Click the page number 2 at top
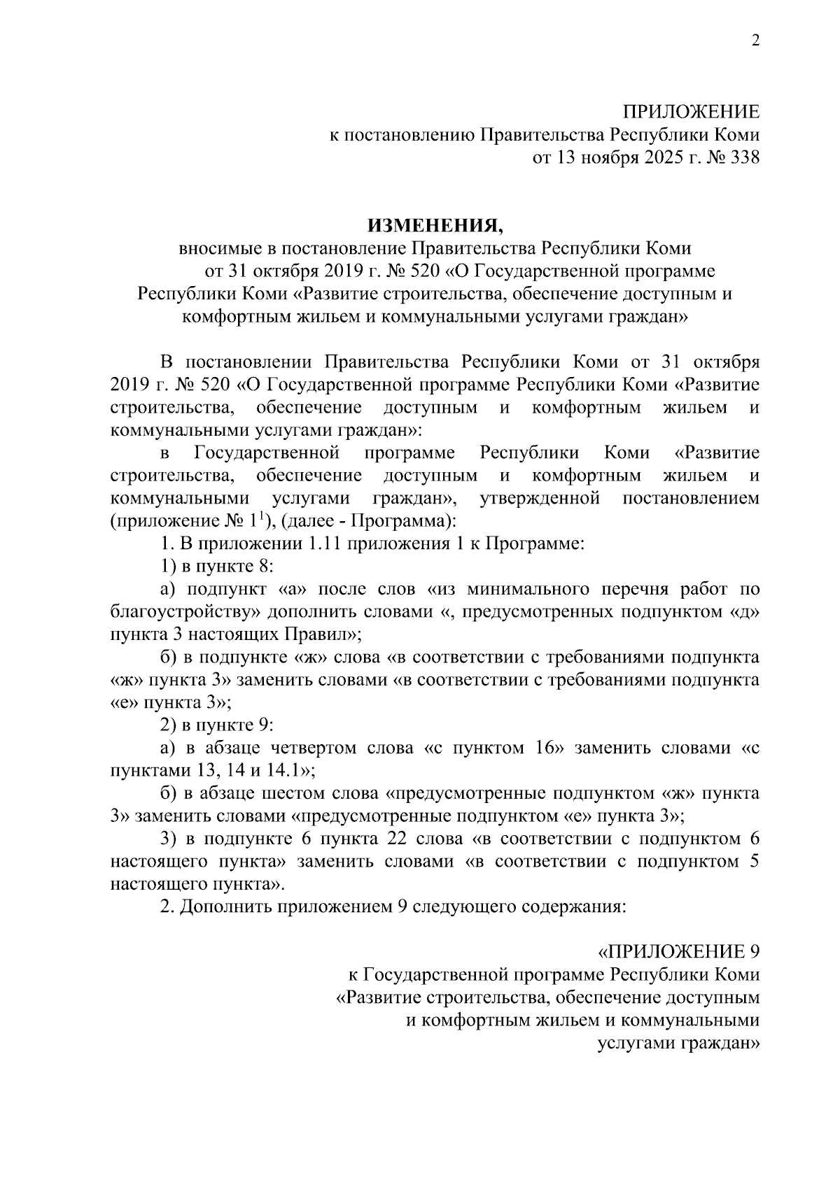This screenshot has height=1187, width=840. (x=755, y=41)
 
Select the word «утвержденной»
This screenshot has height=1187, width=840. (x=540, y=499)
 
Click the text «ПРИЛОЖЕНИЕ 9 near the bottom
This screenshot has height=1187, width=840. (x=678, y=952)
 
